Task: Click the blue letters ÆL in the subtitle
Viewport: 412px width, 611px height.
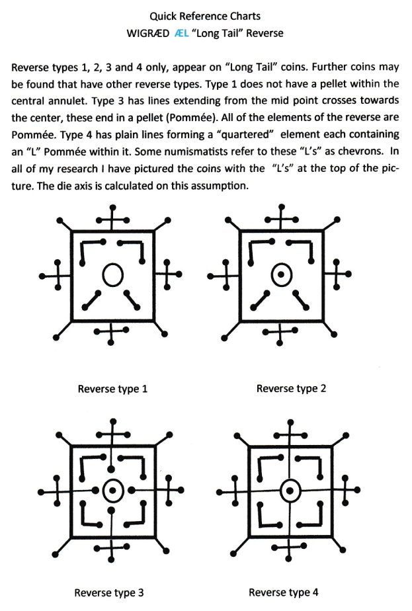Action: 182,33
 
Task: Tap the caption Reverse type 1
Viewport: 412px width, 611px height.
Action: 112,389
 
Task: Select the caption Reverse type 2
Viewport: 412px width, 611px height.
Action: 291,389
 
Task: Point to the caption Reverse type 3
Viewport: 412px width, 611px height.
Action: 109,592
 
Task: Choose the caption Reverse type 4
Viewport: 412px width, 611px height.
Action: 283,592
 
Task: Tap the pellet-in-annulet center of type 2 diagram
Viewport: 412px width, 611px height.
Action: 281,274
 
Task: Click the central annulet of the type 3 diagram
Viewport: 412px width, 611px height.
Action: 112,491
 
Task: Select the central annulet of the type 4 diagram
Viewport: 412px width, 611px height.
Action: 290,491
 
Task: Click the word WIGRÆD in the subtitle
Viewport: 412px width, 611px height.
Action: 147,33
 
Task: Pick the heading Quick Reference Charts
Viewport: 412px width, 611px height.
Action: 205,16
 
